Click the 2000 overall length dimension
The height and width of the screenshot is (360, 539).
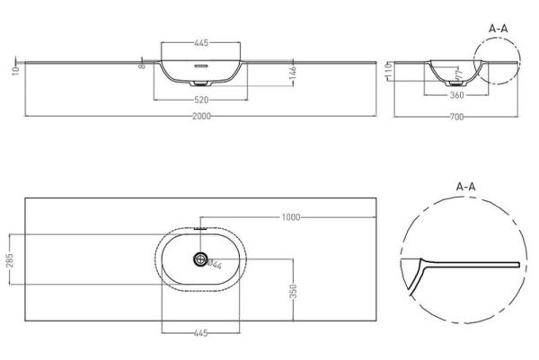point(200,117)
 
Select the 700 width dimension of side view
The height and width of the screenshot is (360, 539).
point(457,117)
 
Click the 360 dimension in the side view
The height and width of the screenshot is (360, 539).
point(457,94)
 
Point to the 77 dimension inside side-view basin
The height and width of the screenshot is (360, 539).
point(457,78)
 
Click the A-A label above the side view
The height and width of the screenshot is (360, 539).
point(499,29)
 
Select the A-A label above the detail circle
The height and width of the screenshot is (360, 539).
point(465,186)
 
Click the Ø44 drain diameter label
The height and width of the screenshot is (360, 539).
point(213,263)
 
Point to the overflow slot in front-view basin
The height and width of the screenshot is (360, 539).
point(200,66)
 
